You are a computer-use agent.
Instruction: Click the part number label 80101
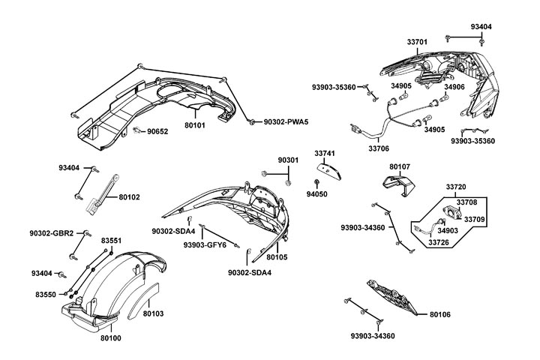tap(195, 126)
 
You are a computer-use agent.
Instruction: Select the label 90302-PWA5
tap(287, 121)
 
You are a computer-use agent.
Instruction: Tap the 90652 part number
tap(158, 131)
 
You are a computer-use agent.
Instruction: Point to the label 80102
tap(130, 197)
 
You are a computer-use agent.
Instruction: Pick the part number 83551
tap(112, 240)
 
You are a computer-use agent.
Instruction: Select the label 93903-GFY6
tap(205, 244)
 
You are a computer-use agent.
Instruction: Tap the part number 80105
tap(277, 257)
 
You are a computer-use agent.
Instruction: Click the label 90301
tap(288, 160)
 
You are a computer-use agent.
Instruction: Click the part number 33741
tap(325, 153)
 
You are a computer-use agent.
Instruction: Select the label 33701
tap(418, 43)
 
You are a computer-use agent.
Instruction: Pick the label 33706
tap(379, 148)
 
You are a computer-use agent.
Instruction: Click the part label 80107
tap(400, 166)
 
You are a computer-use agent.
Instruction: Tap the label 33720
tap(456, 186)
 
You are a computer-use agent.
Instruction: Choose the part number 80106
tap(439, 315)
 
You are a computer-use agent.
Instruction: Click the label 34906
tap(454, 87)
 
